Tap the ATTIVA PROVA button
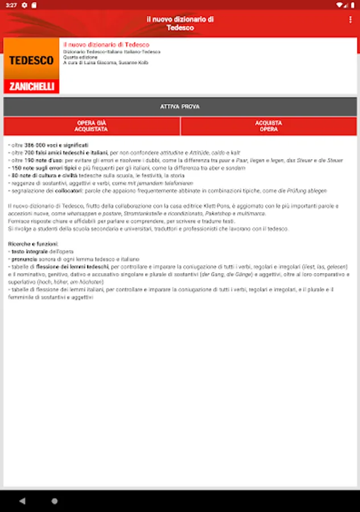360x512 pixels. [180, 106]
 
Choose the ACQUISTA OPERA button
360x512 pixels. [269, 126]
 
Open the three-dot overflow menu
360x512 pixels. [350, 19]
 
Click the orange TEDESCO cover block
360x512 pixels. [31, 59]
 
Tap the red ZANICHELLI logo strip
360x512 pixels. [31, 86]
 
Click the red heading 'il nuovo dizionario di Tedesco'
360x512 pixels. [106, 44]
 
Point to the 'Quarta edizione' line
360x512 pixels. [80, 57]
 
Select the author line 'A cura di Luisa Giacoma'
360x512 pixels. [106, 63]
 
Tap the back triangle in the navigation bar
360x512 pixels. [22, 501]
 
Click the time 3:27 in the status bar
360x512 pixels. [11, 5]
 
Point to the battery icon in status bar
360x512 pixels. [353, 5]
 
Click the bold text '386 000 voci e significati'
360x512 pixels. [56, 146]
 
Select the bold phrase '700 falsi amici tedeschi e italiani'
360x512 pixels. [65, 153]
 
